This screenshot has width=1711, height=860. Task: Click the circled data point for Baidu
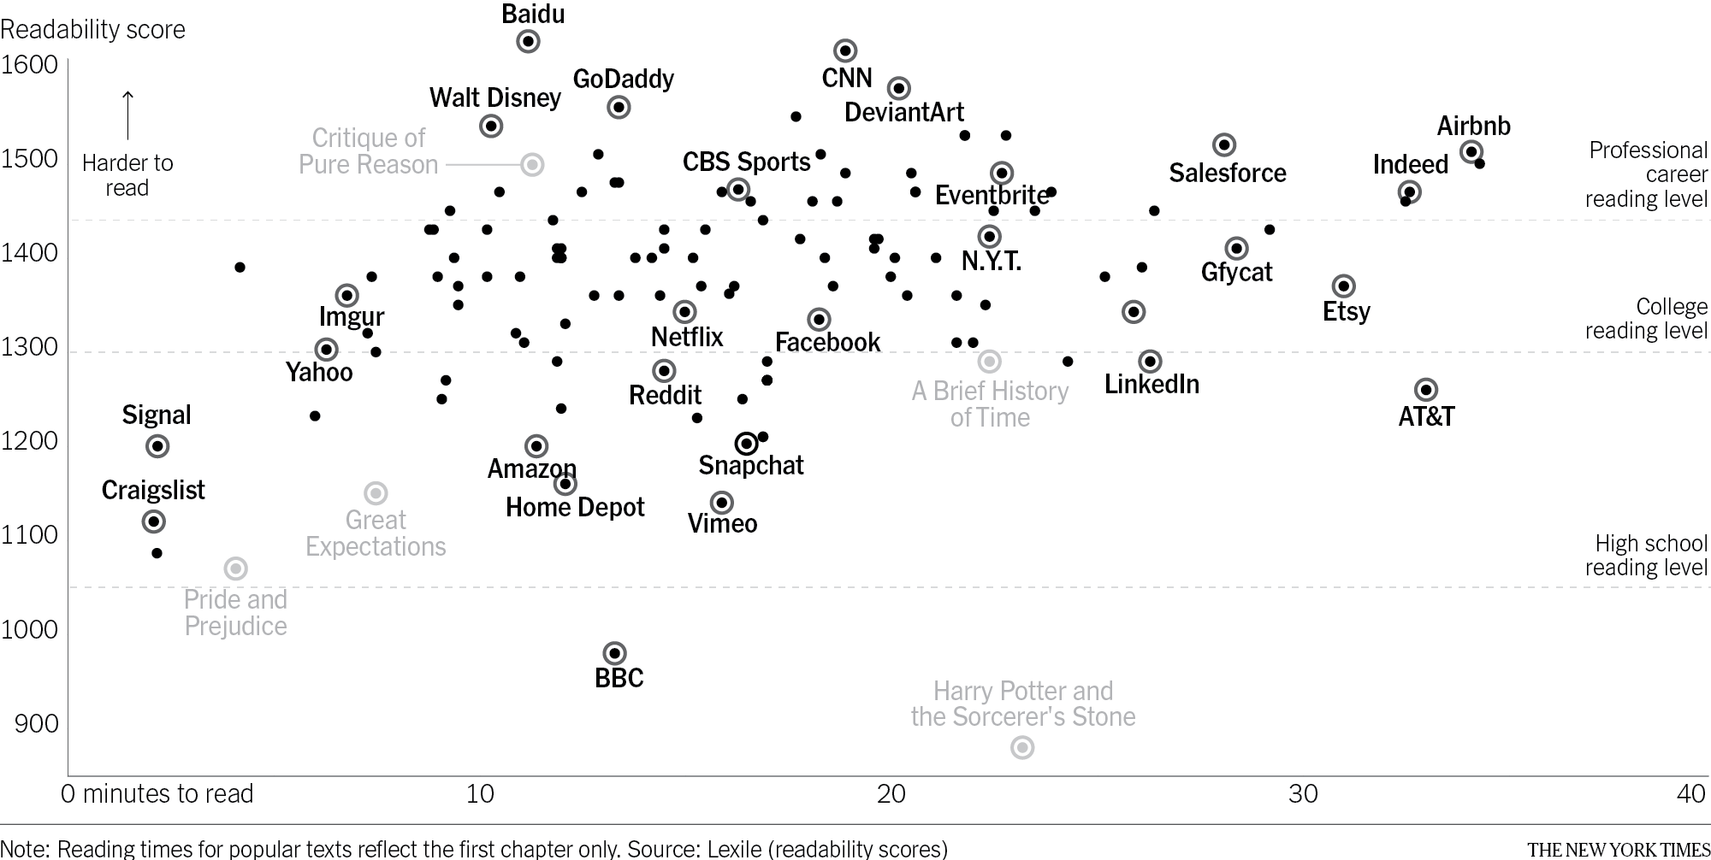point(529,41)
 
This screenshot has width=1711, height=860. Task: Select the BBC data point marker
point(614,654)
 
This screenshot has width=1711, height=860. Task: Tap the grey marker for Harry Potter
point(1022,748)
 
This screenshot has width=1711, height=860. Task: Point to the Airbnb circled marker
point(1471,152)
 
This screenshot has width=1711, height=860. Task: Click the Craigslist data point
point(154,521)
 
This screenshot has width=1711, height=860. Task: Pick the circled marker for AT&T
point(1426,390)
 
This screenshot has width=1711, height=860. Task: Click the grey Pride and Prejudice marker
point(236,568)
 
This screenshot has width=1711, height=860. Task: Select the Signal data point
point(157,446)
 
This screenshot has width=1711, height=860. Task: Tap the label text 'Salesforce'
point(1228,174)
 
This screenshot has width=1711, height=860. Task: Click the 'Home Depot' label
point(575,507)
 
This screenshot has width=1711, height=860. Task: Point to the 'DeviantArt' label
point(904,112)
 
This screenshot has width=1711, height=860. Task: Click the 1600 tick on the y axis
point(30,65)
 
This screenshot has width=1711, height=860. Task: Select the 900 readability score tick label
point(37,724)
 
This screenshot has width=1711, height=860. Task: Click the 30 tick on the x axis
point(1303,794)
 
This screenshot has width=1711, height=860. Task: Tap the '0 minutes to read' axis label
point(157,794)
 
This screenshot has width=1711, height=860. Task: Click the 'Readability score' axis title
point(92,30)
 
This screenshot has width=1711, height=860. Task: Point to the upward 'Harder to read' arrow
point(127,115)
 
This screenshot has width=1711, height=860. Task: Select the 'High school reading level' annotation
point(1645,556)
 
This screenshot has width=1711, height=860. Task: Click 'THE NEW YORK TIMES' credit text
point(1618,849)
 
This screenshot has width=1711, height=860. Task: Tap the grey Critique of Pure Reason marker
point(532,164)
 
